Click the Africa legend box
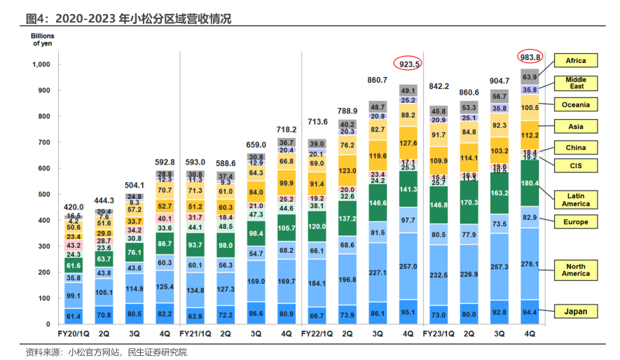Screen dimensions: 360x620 point(576,61)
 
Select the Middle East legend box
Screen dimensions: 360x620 point(576,83)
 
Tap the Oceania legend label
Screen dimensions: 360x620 point(576,105)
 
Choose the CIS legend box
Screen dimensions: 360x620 point(576,167)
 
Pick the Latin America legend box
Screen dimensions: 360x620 point(576,199)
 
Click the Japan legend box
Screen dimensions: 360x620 point(576,311)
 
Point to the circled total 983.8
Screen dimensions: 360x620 point(530,57)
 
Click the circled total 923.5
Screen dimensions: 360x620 point(409,64)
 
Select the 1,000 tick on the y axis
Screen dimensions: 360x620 point(42,64)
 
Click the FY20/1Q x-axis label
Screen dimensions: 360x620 point(74,334)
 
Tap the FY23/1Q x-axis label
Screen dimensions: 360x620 point(440,334)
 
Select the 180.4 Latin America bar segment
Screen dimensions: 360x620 point(530,184)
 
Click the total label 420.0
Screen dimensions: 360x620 point(74,208)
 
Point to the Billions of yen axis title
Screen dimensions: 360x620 point(43,39)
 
